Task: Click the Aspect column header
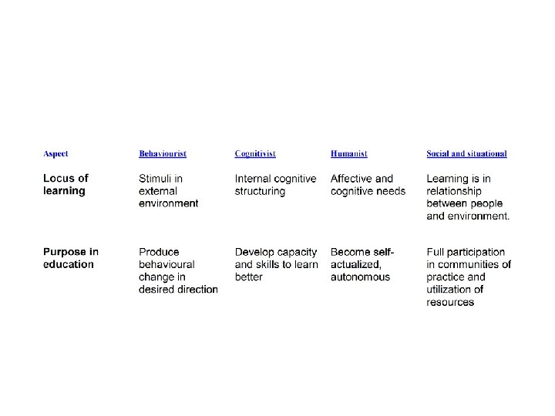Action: pyautogui.click(x=55, y=154)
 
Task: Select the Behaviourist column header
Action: pyautogui.click(x=163, y=154)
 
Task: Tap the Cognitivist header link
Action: pyautogui.click(x=255, y=154)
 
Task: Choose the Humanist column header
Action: pyautogui.click(x=349, y=154)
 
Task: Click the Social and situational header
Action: pyautogui.click(x=466, y=154)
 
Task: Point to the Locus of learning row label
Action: pyautogui.click(x=66, y=185)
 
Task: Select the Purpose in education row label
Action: pyautogui.click(x=70, y=258)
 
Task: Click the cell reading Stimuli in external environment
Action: pyautogui.click(x=168, y=191)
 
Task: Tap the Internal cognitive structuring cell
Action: pyautogui.click(x=275, y=185)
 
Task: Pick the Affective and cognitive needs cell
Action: pyautogui.click(x=368, y=185)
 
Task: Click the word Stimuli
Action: pyautogui.click(x=156, y=179)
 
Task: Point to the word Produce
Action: pyautogui.click(x=159, y=252)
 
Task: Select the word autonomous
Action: pyautogui.click(x=360, y=277)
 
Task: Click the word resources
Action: pyautogui.click(x=450, y=303)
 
